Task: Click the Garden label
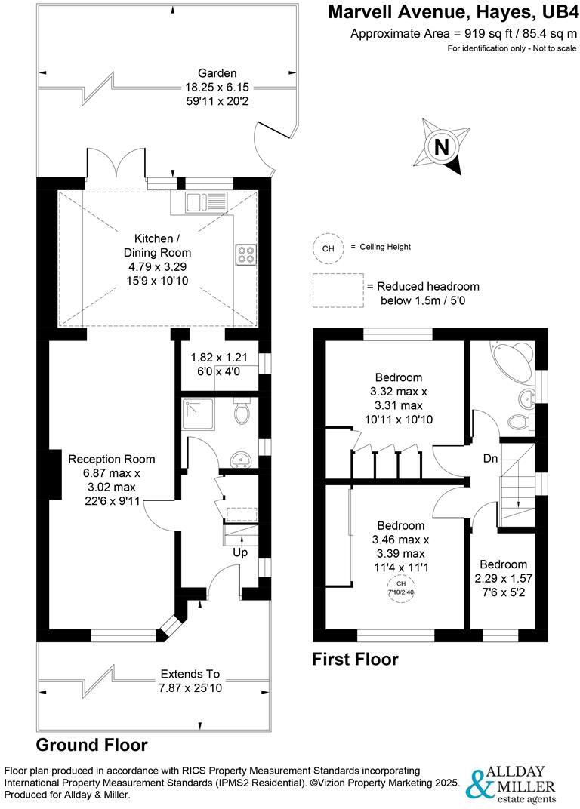(x=217, y=73)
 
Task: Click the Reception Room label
(x=112, y=459)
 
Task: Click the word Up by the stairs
(x=240, y=552)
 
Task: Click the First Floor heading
(x=355, y=659)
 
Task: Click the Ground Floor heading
(x=92, y=745)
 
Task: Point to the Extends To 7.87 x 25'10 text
(x=190, y=681)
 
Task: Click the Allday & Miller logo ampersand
(x=480, y=785)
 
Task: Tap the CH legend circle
(x=328, y=248)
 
